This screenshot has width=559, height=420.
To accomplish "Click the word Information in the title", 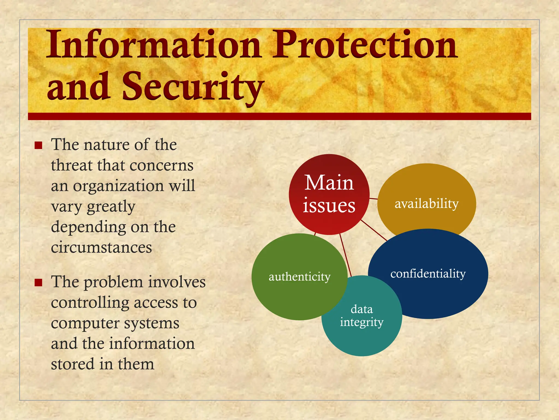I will click(153, 45).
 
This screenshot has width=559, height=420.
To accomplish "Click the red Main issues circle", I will click(329, 194).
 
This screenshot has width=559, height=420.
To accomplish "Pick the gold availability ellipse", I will click(426, 191).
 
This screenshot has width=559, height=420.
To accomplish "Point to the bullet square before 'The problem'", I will click(38, 282).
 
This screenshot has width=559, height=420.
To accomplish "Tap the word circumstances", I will click(101, 248).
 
